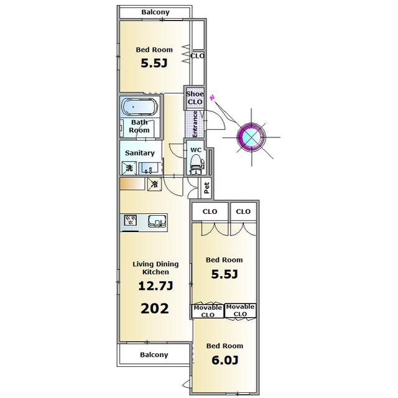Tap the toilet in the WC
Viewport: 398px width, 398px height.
click(197, 164)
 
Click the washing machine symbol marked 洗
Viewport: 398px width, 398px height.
click(129, 168)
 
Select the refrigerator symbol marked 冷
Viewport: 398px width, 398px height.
click(154, 184)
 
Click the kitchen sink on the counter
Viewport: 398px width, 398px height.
click(157, 221)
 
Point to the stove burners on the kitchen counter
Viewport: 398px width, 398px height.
click(131, 220)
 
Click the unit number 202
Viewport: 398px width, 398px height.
click(155, 308)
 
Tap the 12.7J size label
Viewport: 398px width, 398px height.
click(155, 286)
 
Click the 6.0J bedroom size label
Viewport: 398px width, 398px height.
click(225, 360)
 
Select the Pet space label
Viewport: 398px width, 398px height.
click(207, 188)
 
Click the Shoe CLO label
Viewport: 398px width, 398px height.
click(195, 98)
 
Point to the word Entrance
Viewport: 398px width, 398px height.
click(195, 124)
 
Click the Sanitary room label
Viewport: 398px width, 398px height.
click(140, 153)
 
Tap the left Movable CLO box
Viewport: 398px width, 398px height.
click(208, 311)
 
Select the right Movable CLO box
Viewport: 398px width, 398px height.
click(240, 310)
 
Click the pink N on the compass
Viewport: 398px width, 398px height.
click(213, 98)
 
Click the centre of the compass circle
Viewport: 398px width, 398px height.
click(251, 137)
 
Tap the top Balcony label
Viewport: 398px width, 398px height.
click(155, 12)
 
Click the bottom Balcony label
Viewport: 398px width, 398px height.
click(154, 354)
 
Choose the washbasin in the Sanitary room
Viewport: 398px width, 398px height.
click(150, 169)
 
